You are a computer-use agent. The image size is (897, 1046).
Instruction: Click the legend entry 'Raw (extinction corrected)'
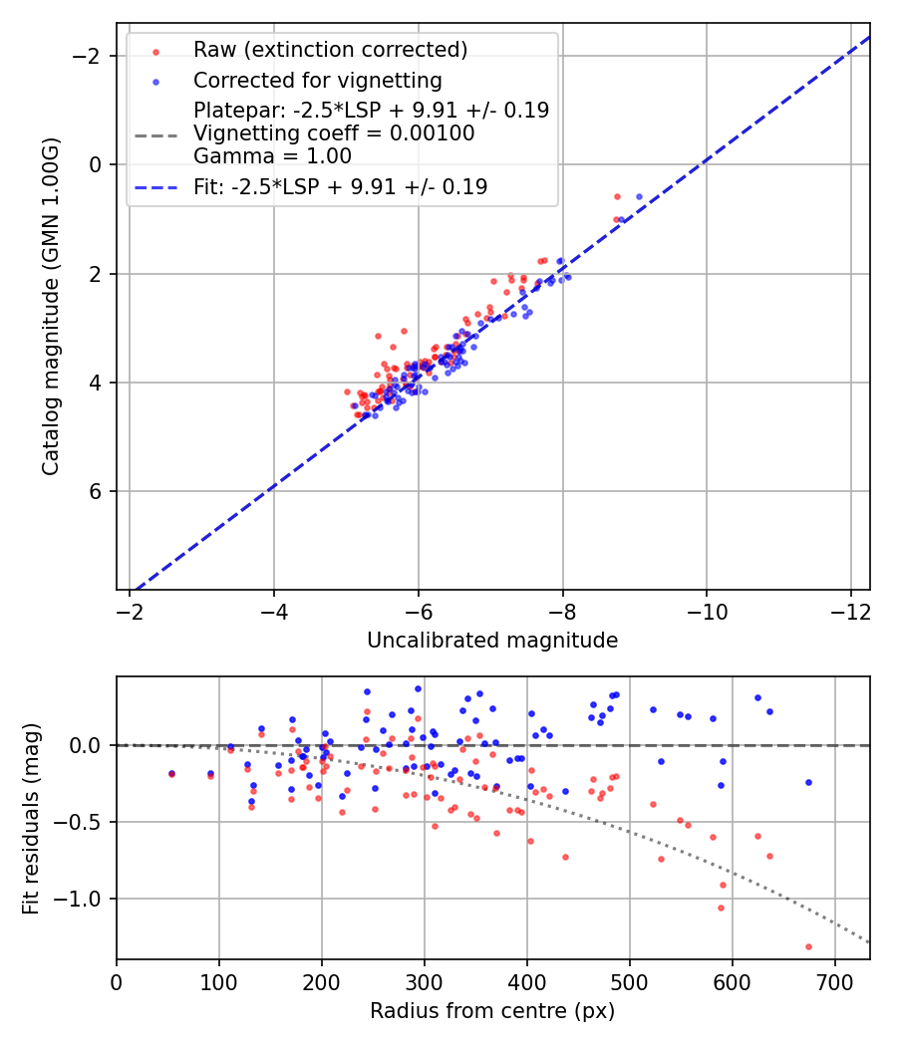pos(330,49)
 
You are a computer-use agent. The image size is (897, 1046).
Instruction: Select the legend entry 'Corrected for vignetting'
pos(317,80)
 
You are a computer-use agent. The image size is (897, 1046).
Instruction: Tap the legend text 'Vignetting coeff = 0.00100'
pos(334,133)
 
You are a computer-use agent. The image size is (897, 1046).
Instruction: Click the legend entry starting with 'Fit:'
pos(340,186)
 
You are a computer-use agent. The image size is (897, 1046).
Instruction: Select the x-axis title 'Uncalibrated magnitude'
pos(492,640)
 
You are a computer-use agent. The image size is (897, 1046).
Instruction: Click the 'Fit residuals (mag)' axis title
pos(31,818)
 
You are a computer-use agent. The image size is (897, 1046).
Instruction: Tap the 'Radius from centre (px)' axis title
pos(492,1010)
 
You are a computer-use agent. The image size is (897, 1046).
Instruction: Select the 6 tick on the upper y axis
pos(98,491)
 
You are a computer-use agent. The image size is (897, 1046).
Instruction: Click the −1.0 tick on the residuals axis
pos(83,899)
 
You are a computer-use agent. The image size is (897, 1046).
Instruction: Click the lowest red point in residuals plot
pos(808,946)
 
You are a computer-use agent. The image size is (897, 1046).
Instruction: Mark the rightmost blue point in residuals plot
pos(808,782)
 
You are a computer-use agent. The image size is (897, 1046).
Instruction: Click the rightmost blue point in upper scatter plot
pos(639,196)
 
